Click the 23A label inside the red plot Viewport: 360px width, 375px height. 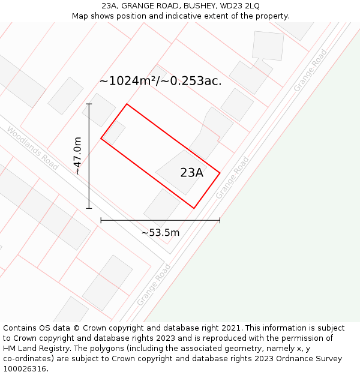coord(191,173)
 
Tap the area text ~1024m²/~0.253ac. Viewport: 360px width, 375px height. coord(160,81)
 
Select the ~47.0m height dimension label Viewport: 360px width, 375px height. coord(77,155)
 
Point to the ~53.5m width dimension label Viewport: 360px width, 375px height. coord(160,233)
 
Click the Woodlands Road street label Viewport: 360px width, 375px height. coord(32,148)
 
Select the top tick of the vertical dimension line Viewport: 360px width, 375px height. coord(89,104)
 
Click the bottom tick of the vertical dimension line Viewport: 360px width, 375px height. coord(89,208)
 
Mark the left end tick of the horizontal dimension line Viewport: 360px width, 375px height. coord(101,220)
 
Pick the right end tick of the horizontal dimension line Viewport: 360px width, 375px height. coord(220,220)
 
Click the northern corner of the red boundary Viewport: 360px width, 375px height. coord(127,104)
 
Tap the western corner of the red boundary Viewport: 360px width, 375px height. coord(101,139)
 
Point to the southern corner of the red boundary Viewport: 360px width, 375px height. coord(194,208)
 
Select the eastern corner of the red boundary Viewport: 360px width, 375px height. coord(220,173)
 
